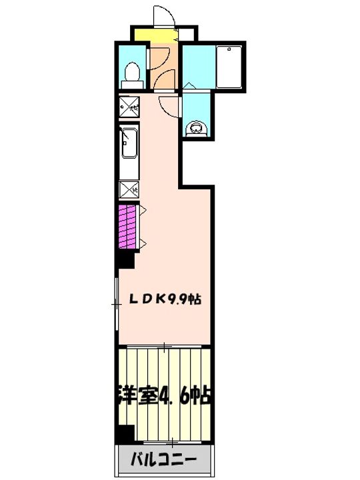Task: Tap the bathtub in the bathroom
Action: [x=231, y=67]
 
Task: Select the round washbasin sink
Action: [x=196, y=125]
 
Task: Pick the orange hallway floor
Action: [x=161, y=67]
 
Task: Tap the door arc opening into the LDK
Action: [x=169, y=107]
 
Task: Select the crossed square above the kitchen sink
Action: [x=128, y=105]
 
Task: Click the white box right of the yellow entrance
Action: [x=188, y=34]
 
